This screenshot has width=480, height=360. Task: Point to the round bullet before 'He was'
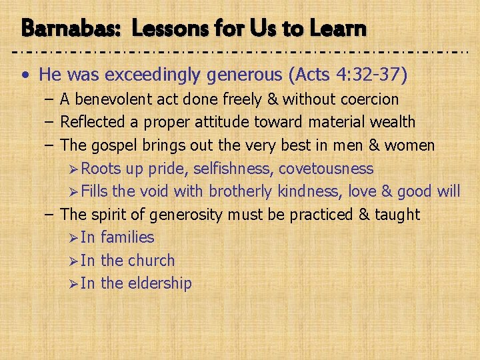(25, 75)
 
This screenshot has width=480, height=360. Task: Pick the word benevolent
(114, 99)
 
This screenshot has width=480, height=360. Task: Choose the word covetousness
(326, 169)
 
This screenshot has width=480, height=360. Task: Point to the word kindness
(307, 192)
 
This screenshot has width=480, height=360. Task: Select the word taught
(397, 215)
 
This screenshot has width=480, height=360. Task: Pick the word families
(127, 237)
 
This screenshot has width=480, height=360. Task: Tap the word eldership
(159, 283)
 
